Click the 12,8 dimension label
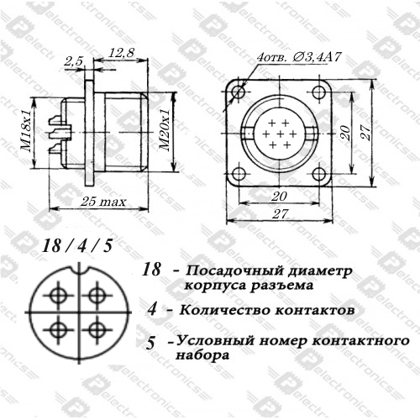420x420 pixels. (x=121, y=53)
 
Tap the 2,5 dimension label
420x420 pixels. (x=74, y=61)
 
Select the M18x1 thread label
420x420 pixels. (x=26, y=130)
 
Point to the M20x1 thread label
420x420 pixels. (x=165, y=129)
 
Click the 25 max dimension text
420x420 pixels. (x=103, y=202)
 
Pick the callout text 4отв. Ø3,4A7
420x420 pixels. (x=299, y=57)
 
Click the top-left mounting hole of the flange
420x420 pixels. (x=239, y=91)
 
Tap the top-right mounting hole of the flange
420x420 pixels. (x=318, y=92)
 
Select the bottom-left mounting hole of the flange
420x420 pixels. (x=239, y=174)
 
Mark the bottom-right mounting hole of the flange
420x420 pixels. (x=318, y=174)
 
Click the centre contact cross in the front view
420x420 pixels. (x=280, y=134)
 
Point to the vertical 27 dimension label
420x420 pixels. (x=365, y=133)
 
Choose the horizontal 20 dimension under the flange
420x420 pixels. (x=279, y=196)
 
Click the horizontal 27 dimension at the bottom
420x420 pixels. (x=280, y=214)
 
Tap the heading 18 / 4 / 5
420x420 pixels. (x=77, y=246)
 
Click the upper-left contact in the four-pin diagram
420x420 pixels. (x=58, y=295)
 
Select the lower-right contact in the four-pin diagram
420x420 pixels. (x=97, y=329)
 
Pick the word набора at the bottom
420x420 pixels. (x=202, y=355)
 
